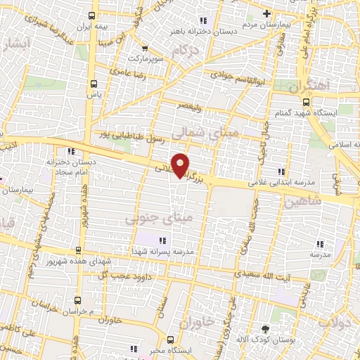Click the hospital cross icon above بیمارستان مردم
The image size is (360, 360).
tap(266, 14)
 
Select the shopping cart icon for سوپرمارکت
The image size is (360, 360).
tap(145, 49)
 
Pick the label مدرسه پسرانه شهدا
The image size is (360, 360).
tap(169, 250)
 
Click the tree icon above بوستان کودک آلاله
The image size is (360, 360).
tap(265, 328)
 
